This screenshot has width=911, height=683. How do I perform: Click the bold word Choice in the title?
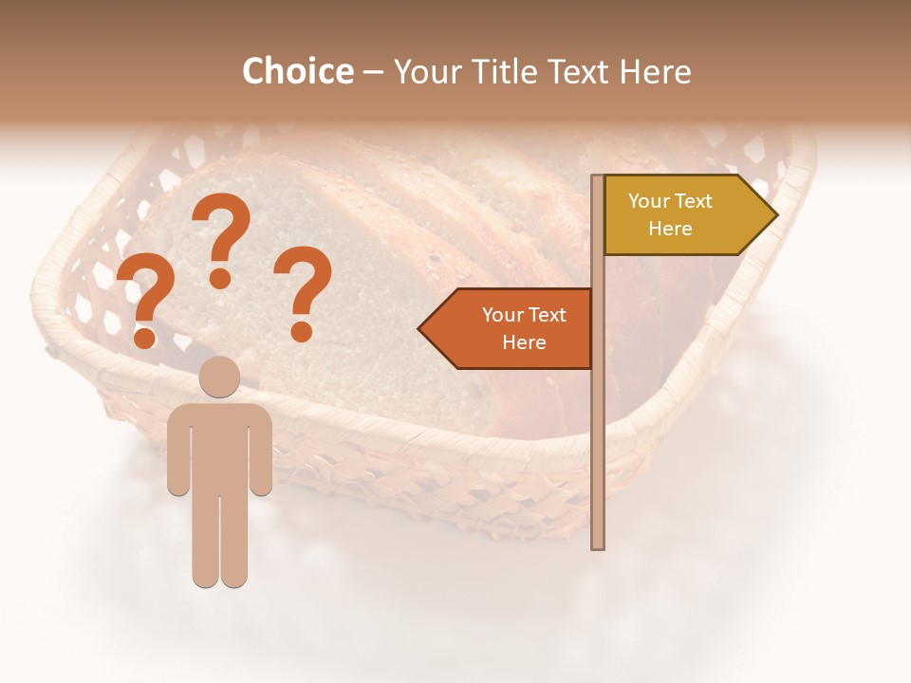click(x=297, y=71)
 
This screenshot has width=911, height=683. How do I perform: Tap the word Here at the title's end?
click(x=656, y=71)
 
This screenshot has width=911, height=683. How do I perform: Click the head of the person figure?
click(x=220, y=377)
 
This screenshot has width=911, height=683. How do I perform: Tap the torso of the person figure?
click(x=220, y=446)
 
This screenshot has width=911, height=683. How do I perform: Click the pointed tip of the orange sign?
click(x=421, y=329)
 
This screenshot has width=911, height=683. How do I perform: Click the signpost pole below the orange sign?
click(x=598, y=455)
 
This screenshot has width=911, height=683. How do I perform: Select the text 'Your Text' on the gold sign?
click(x=670, y=201)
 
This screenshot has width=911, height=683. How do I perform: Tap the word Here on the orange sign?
click(x=524, y=342)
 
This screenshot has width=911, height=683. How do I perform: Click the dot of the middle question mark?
click(x=220, y=278)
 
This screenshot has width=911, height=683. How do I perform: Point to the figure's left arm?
click(x=177, y=451)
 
